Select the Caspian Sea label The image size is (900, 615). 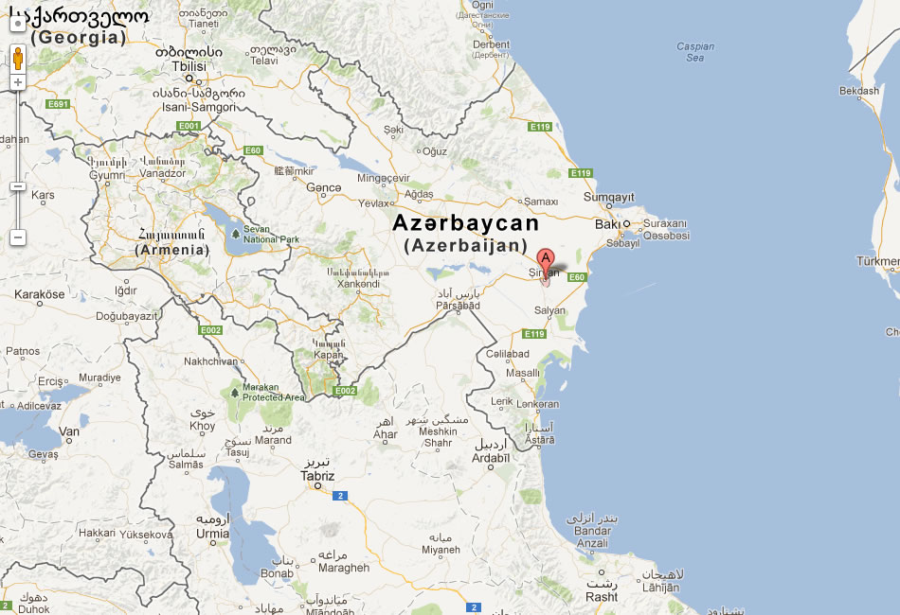(695, 52)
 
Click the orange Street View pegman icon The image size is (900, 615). (17, 59)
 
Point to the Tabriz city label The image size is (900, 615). (317, 476)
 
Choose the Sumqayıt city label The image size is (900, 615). (607, 197)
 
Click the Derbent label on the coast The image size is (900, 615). (491, 44)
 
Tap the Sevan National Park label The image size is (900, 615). (271, 234)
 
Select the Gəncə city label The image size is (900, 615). (324, 187)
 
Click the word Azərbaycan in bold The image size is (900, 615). (465, 223)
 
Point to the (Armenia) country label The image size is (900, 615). (171, 250)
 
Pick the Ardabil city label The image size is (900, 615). (491, 457)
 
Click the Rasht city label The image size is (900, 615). (602, 597)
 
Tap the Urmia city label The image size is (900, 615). (212, 534)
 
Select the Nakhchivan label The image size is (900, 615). (210, 361)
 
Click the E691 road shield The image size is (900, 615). (59, 104)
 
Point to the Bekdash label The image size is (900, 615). (858, 91)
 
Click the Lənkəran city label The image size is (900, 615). (538, 404)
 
